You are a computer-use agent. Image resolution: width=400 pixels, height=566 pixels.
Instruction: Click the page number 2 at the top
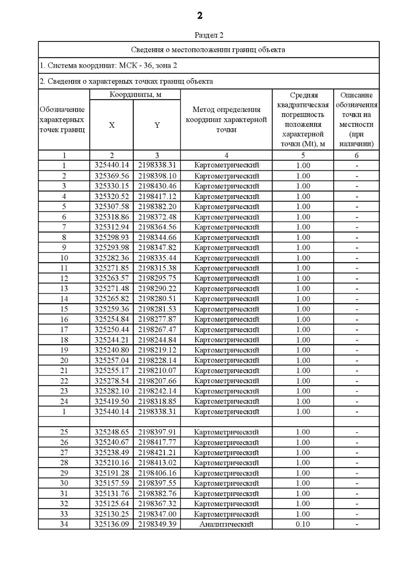[200, 16]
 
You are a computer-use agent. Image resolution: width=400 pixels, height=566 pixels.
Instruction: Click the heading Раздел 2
[209, 35]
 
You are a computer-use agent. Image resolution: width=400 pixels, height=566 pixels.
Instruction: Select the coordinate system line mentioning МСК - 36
[108, 66]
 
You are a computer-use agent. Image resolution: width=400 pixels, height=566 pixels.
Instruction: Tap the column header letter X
[112, 125]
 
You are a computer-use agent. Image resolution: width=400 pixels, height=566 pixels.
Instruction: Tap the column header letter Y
[157, 125]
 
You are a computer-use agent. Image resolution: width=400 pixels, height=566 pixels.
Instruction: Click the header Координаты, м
[135, 95]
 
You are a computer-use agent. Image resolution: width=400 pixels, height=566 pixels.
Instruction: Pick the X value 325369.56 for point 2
[112, 176]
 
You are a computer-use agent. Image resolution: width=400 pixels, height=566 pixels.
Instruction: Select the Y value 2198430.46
[157, 186]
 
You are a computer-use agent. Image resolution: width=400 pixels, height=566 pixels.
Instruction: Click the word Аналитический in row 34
[226, 524]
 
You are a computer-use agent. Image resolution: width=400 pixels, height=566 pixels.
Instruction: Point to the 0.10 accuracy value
[303, 524]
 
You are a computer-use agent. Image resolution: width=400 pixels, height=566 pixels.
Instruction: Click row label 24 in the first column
[64, 401]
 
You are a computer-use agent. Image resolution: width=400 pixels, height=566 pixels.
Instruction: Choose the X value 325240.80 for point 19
[112, 350]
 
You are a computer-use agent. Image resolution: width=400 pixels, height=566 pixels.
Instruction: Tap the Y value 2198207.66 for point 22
[157, 381]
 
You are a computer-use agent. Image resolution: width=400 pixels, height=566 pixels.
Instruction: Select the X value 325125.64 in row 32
[112, 504]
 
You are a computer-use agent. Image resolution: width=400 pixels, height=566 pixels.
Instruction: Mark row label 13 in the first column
[64, 289]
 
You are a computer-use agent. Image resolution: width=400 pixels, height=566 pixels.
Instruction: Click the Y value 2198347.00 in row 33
[157, 514]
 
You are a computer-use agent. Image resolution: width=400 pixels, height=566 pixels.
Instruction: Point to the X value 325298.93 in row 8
[112, 237]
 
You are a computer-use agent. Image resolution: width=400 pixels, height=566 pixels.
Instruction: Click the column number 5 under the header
[303, 155]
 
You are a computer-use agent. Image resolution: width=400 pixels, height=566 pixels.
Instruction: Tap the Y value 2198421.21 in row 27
[157, 453]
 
